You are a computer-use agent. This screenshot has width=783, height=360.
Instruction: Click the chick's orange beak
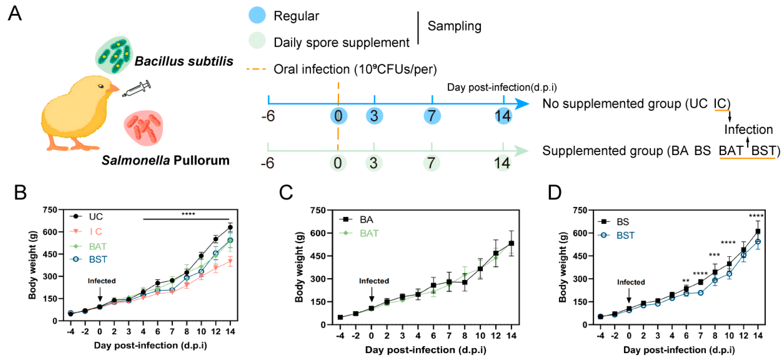point(113,88)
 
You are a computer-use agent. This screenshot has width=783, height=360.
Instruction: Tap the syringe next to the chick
point(137,88)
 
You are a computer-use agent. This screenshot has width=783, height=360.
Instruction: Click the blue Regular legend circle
point(257,15)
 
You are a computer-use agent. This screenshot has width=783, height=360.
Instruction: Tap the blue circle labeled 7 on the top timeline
point(432,116)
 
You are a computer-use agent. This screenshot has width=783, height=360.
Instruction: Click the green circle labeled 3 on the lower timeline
point(374,163)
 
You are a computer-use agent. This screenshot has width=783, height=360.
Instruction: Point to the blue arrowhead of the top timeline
point(522,104)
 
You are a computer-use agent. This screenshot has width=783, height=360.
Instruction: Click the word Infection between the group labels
point(748,130)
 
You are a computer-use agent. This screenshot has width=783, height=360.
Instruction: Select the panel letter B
point(20,193)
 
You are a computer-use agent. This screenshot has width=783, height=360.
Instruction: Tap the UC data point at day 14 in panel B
point(230,227)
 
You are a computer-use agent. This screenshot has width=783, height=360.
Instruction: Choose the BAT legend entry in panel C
point(369,233)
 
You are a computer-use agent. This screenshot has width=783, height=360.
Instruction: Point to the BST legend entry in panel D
point(625,235)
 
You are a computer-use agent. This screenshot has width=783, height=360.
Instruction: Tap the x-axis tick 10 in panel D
point(729,335)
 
